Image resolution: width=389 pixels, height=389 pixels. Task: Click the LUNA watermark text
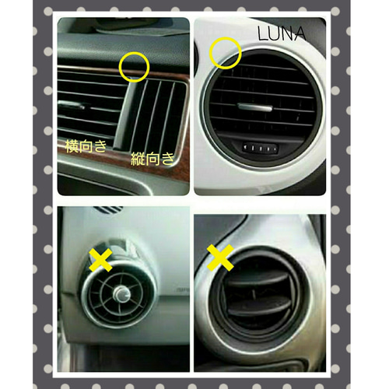(x=282, y=33)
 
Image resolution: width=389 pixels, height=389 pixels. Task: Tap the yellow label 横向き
(x=86, y=146)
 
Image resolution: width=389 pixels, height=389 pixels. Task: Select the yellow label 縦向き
(x=152, y=159)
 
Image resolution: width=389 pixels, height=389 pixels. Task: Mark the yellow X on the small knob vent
(x=100, y=260)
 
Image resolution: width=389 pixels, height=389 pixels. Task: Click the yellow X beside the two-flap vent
(x=220, y=258)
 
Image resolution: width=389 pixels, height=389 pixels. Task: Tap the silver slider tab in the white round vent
(x=255, y=107)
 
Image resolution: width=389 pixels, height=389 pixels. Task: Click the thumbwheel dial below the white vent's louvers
(x=261, y=149)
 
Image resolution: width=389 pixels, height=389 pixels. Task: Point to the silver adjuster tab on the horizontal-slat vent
(x=72, y=105)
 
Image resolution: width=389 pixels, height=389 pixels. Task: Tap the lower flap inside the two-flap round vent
(x=259, y=306)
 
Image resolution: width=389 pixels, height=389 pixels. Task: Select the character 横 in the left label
(x=72, y=146)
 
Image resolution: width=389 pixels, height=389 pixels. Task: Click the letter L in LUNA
(x=262, y=33)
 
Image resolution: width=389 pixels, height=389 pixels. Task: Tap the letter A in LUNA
(x=300, y=34)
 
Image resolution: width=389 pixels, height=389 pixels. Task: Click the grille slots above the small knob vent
(x=107, y=209)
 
